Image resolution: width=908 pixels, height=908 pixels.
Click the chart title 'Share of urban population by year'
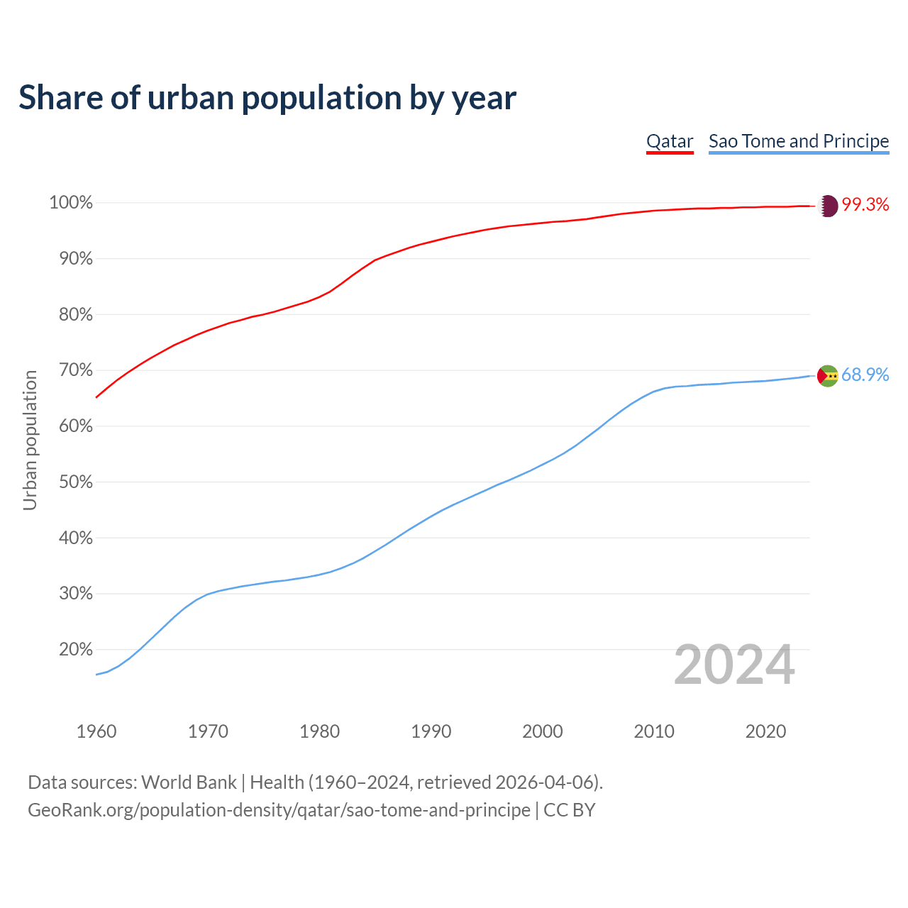point(267,97)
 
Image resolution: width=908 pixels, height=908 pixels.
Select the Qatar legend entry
point(670,141)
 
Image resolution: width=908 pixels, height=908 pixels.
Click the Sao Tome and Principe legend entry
point(799,141)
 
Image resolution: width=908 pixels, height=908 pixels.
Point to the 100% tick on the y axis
point(71,203)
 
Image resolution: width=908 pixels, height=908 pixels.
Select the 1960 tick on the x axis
point(96,731)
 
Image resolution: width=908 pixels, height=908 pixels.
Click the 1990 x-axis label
point(431,731)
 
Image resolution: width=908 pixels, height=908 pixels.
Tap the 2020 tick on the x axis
point(765,731)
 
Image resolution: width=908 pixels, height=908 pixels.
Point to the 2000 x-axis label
point(543,731)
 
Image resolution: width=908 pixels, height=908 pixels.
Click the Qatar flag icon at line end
point(828,206)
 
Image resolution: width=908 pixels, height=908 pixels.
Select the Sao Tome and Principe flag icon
point(828,376)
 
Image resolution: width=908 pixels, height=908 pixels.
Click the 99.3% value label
point(865,205)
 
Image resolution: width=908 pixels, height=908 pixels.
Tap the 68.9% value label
point(865,375)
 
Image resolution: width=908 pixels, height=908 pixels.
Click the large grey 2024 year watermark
point(734,665)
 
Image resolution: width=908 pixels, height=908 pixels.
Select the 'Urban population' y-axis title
point(30,440)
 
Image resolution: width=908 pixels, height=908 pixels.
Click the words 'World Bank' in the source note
point(189,782)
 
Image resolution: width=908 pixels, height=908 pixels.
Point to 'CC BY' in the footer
point(570,810)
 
